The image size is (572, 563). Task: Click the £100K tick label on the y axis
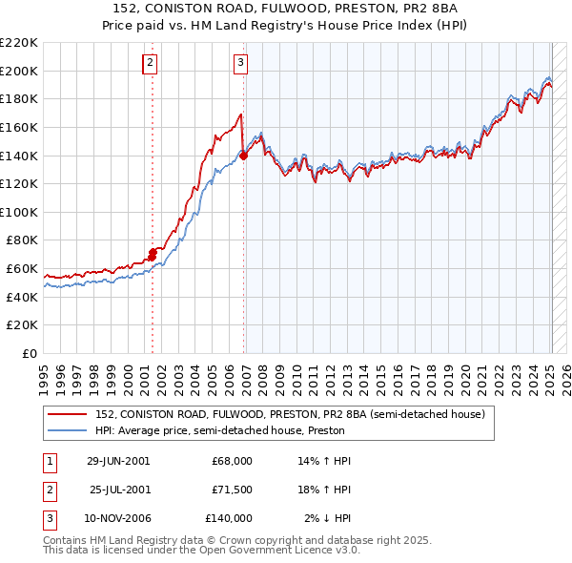[19, 212]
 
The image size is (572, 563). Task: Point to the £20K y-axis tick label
[23, 325]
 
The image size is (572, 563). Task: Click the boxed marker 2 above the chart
[151, 63]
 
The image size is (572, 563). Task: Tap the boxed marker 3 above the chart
[240, 63]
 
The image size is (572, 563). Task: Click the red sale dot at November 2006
[244, 156]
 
